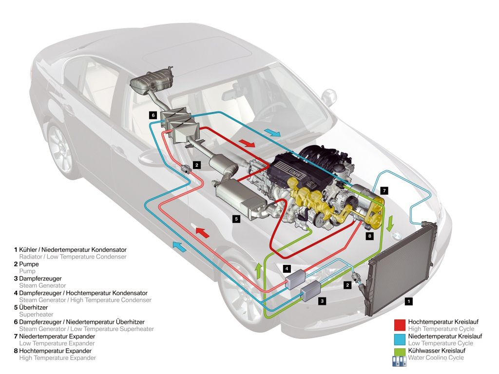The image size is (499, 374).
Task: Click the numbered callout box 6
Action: [x=153, y=115]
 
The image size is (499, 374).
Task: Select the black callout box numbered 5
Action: [x=236, y=219]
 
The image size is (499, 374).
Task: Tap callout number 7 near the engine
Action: [x=384, y=190]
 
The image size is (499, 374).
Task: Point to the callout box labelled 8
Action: [x=370, y=236]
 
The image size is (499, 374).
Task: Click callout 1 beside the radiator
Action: [x=409, y=301]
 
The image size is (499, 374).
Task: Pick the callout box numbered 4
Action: [x=288, y=268]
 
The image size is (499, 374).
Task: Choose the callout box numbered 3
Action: [x=322, y=301]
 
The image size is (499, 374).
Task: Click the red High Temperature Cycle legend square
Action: [x=400, y=325]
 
